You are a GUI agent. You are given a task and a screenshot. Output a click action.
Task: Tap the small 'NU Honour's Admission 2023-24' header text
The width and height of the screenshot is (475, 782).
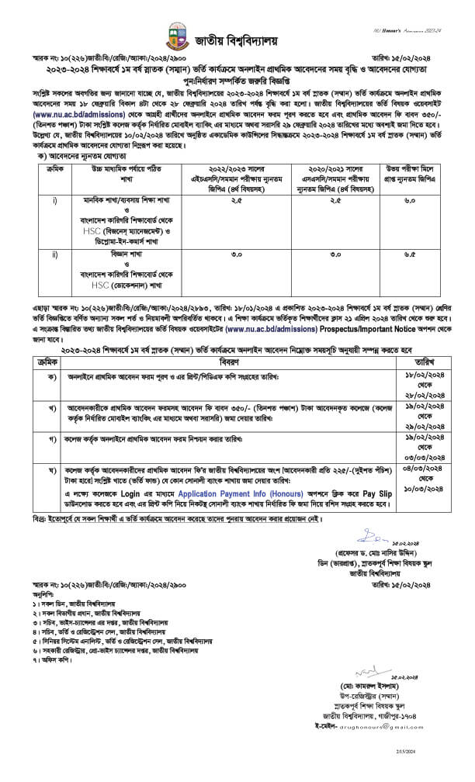click(x=409, y=9)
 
